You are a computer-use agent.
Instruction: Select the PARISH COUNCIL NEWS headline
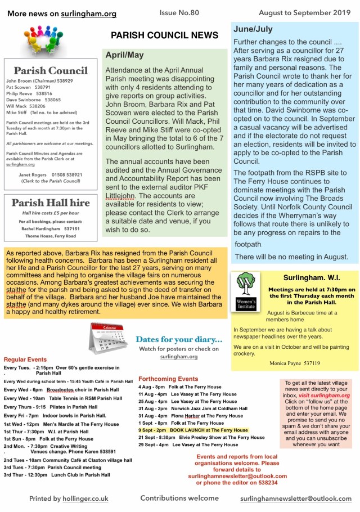tap(164, 35)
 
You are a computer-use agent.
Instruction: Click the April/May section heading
tap(124, 55)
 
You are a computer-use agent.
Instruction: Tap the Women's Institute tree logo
tap(245, 286)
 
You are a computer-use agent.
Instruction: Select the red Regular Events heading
tap(25, 358)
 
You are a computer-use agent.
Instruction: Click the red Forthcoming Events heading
tap(168, 379)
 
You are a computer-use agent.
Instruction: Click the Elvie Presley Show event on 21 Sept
tap(201, 437)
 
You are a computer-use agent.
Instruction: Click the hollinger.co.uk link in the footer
tap(85, 498)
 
